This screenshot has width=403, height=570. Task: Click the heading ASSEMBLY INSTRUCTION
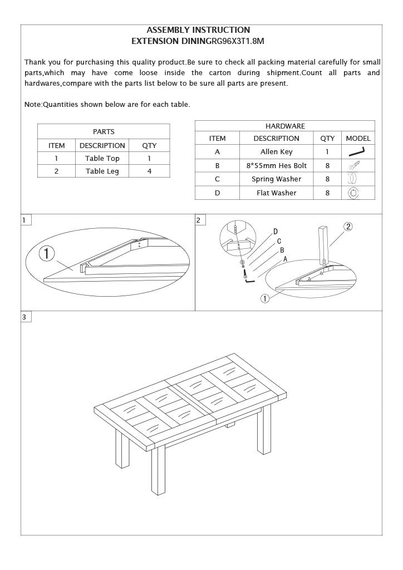(x=198, y=30)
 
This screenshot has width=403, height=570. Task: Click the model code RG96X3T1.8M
(x=234, y=41)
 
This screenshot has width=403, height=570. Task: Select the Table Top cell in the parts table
(x=102, y=159)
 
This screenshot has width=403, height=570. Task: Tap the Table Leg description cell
(x=102, y=171)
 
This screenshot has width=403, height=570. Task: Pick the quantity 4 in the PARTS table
(x=149, y=171)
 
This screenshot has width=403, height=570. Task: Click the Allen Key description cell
(x=276, y=152)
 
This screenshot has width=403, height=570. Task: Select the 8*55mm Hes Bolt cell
(x=276, y=166)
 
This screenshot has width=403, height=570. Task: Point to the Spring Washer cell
(x=276, y=179)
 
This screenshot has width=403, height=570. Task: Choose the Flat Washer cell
(x=276, y=193)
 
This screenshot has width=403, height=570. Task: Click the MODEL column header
(x=358, y=139)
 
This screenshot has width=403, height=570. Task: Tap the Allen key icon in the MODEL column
(x=357, y=151)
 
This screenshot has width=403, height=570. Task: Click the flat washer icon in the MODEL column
(x=352, y=193)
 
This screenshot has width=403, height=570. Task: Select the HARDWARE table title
(x=285, y=126)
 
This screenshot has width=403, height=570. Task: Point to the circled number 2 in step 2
(x=348, y=227)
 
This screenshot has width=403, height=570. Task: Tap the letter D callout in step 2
(x=276, y=232)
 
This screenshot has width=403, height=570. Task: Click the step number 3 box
(x=24, y=317)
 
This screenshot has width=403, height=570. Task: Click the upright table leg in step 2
(x=323, y=243)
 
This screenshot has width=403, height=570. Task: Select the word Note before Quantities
(x=33, y=105)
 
